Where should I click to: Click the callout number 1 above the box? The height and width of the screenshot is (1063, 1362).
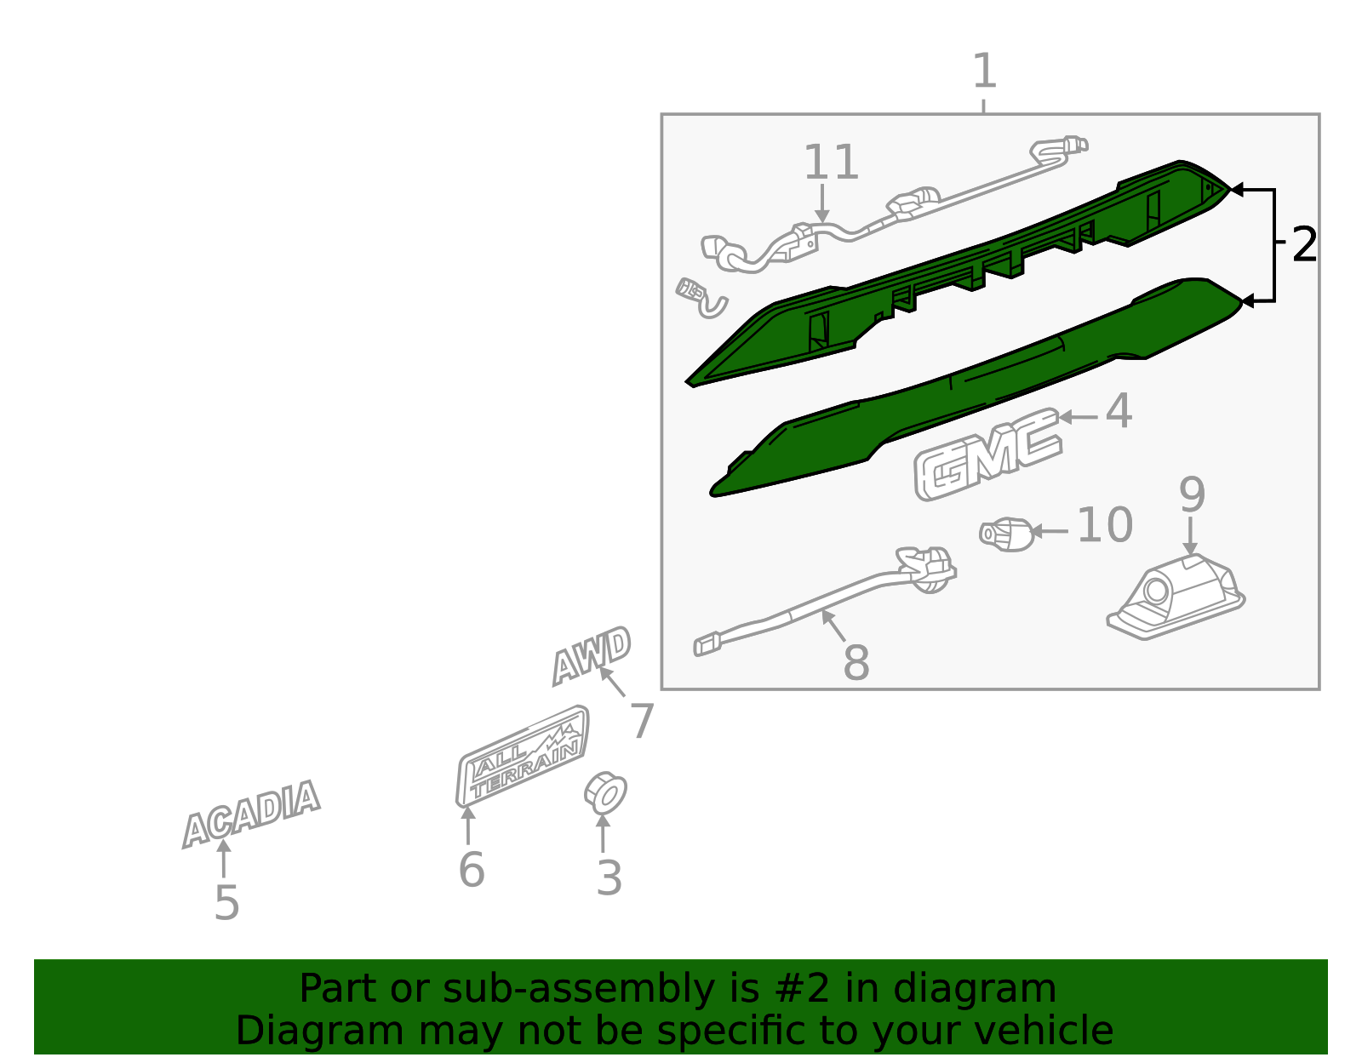click(984, 71)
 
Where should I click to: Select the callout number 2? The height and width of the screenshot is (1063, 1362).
click(1304, 244)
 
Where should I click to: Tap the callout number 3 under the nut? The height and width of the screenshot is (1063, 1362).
click(609, 878)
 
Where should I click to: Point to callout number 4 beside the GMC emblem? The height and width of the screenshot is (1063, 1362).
click(1119, 411)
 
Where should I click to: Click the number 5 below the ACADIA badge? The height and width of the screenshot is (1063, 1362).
click(227, 903)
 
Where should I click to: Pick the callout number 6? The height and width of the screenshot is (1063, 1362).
click(472, 870)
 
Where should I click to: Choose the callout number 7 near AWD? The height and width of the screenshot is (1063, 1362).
click(642, 721)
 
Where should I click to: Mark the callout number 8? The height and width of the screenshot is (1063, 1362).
click(856, 661)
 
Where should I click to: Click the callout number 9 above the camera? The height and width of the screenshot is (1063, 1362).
click(1192, 494)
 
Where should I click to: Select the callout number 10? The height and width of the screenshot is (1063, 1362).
click(1105, 525)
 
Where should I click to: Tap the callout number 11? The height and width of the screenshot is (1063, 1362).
click(831, 163)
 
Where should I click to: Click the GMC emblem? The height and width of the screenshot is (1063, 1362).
click(987, 454)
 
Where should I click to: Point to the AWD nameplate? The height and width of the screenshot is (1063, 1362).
click(592, 656)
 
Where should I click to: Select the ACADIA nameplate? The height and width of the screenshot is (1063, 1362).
click(251, 814)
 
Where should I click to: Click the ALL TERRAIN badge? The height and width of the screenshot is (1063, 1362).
click(522, 756)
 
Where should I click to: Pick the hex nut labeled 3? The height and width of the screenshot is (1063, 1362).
click(605, 793)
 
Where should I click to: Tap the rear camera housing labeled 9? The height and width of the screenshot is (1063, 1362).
click(1176, 597)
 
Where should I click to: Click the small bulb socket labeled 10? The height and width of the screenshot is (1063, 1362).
click(1007, 534)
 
